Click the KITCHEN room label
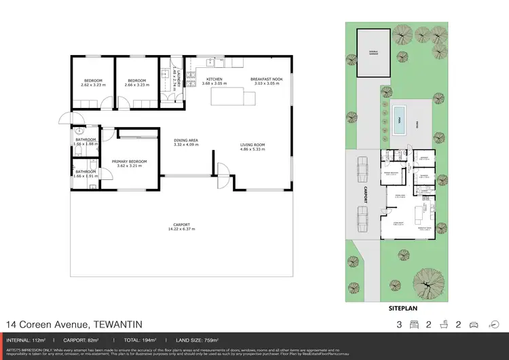pos(214,79)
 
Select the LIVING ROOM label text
pos(252,144)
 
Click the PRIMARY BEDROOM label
pos(129,161)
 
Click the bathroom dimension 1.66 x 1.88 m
pos(86,144)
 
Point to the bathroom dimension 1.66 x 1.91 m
pos(86,176)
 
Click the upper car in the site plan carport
pos(362,167)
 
